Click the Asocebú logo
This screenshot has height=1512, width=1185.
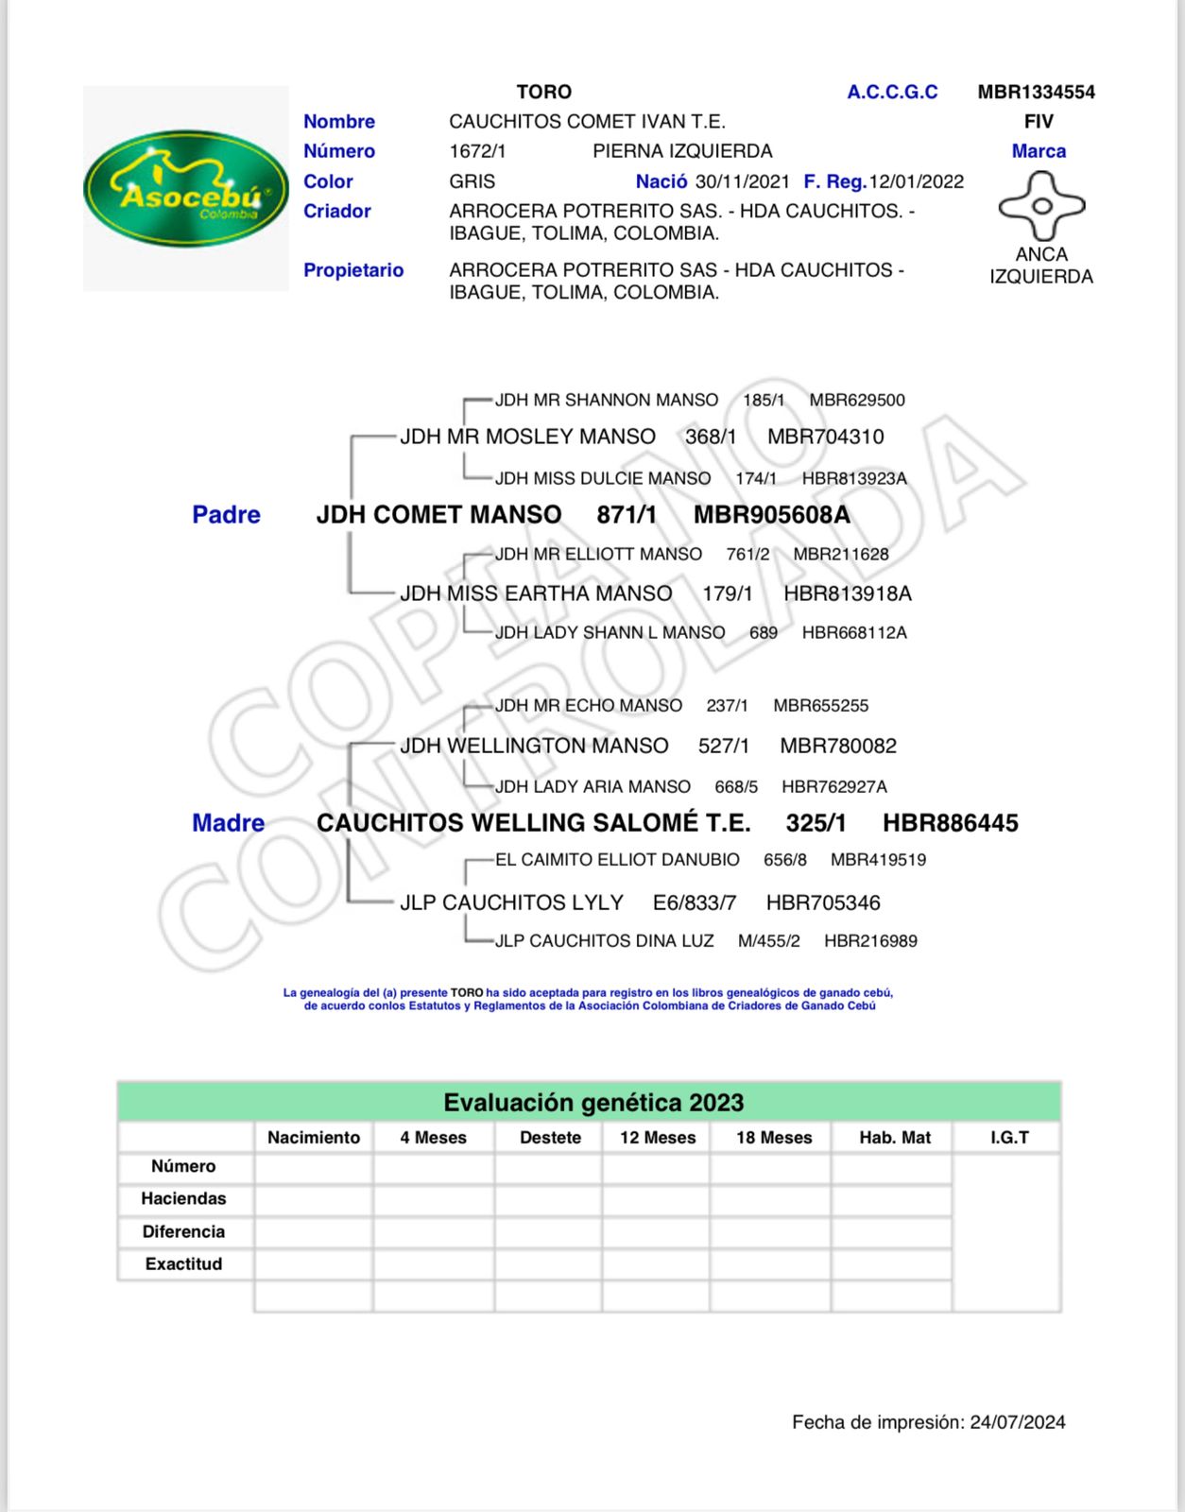coord(186,188)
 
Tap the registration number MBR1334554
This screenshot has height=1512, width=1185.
coord(1036,92)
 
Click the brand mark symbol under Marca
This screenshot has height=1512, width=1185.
coord(1041,205)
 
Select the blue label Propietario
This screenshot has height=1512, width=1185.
coord(352,270)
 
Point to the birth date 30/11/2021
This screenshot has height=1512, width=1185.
coord(742,181)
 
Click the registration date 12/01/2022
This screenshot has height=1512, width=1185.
coord(916,181)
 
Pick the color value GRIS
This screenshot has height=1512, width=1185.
coord(472,181)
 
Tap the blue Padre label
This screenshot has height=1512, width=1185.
coord(226,515)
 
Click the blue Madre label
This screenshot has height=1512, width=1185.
coord(228,823)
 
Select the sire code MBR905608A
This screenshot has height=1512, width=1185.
coord(771,515)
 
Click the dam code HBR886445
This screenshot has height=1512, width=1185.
coord(950,823)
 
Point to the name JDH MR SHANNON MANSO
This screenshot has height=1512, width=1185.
coord(606,400)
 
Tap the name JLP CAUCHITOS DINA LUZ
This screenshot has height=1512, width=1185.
coord(604,941)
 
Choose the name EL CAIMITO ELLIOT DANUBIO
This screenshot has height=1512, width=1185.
coord(617,860)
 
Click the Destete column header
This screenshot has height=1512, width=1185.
coord(550,1138)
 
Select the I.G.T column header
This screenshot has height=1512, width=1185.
coord(1008,1138)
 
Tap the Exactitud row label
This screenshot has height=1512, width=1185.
coord(183,1264)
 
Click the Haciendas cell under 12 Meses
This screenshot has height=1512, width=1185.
coord(657,1199)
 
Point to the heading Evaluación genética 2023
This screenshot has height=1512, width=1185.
coord(592,1103)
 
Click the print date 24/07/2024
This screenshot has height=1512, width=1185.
coord(1017,1422)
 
